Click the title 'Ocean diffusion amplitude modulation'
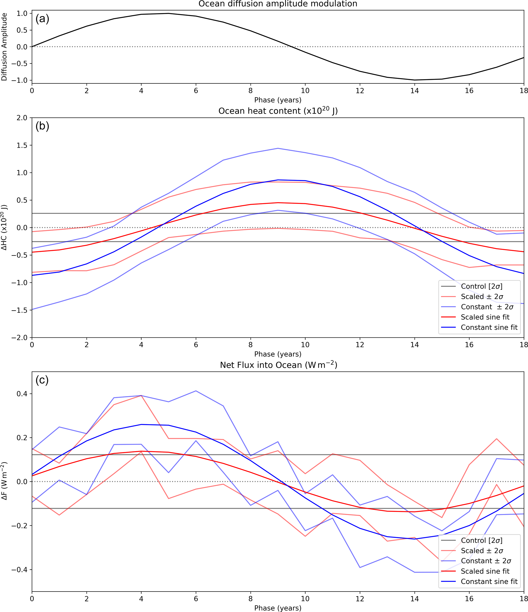pyautogui.click(x=278, y=4)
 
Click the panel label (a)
pyautogui.click(x=42, y=19)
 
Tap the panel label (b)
pyautogui.click(x=42, y=126)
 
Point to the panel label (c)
pyautogui.click(x=42, y=380)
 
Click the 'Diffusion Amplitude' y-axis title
pyautogui.click(x=4, y=47)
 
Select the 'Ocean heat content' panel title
pyautogui.click(x=278, y=111)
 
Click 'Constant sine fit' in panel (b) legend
pyautogui.click(x=489, y=327)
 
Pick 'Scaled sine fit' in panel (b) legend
pyautogui.click(x=485, y=317)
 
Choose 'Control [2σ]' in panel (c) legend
pyautogui.click(x=482, y=541)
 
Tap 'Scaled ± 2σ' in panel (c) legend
pyautogui.click(x=482, y=551)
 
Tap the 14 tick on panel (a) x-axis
pyautogui.click(x=415, y=91)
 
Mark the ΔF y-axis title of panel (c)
pyautogui.click(x=4, y=481)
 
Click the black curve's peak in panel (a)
pyautogui.click(x=169, y=13)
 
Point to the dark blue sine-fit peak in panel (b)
pyautogui.click(x=278, y=180)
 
